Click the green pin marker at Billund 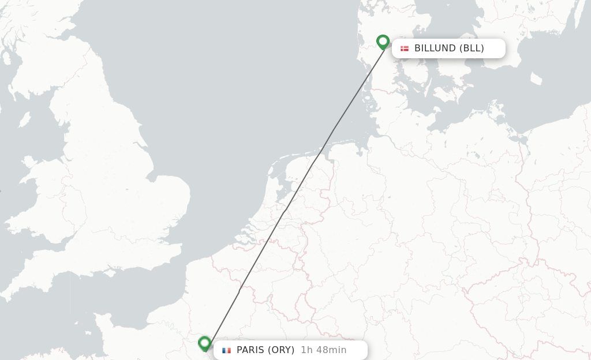click(x=383, y=42)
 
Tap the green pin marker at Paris click(x=204, y=343)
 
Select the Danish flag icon click(x=405, y=48)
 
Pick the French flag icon click(x=226, y=350)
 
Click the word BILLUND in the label click(x=435, y=48)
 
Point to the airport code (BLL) click(x=472, y=48)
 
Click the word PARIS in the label click(x=250, y=350)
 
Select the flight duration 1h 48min click(x=324, y=350)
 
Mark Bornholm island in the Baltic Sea click(x=536, y=78)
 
